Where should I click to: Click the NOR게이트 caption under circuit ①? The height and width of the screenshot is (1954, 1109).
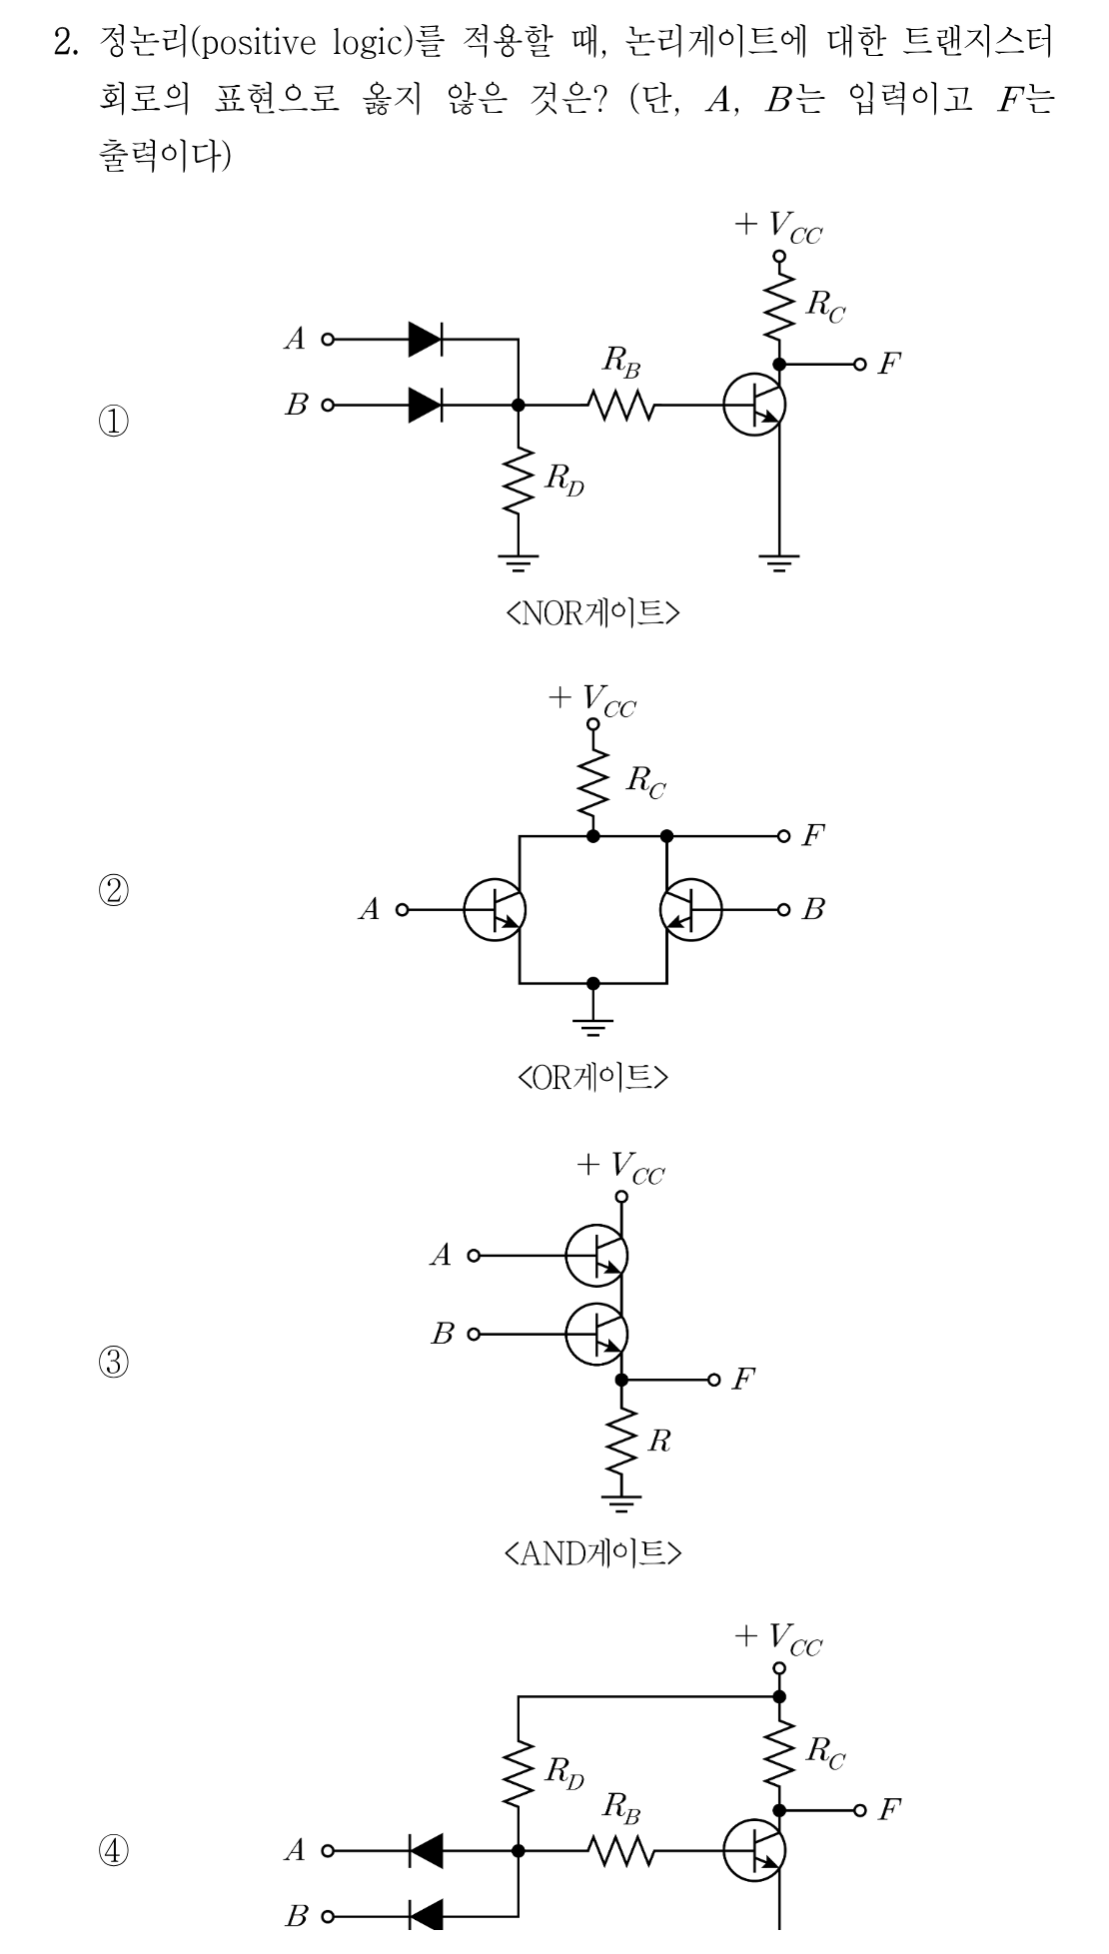coord(593,611)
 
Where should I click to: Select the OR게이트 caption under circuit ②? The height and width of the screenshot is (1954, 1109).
coord(593,1077)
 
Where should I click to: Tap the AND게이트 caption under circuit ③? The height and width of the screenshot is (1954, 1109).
coord(593,1551)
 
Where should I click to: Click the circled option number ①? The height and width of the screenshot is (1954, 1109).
coord(113,421)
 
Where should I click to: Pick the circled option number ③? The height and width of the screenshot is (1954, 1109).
coord(113,1362)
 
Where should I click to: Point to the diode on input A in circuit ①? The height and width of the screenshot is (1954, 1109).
coord(426,340)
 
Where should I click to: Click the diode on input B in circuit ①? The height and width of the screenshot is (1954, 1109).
coord(426,406)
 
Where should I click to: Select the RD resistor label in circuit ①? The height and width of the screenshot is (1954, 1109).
coord(563,481)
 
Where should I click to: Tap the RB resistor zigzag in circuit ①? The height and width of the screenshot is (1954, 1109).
coord(621,406)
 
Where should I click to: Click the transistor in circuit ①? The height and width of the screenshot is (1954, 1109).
coord(754,406)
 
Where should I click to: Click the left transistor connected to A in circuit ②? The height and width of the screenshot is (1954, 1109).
coord(495,910)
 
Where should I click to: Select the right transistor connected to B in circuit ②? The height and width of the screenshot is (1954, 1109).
coord(691,910)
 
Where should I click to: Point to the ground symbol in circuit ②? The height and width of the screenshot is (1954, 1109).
coord(593,1023)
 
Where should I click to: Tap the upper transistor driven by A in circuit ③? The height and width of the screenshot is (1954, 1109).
coord(596,1255)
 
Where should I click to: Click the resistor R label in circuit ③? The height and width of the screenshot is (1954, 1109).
coord(659,1441)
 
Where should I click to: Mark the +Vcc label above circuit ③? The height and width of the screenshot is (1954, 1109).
coord(620,1167)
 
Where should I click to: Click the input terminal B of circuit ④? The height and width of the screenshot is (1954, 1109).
coord(326,1916)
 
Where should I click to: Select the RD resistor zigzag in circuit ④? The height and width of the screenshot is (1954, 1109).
coord(519,1772)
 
